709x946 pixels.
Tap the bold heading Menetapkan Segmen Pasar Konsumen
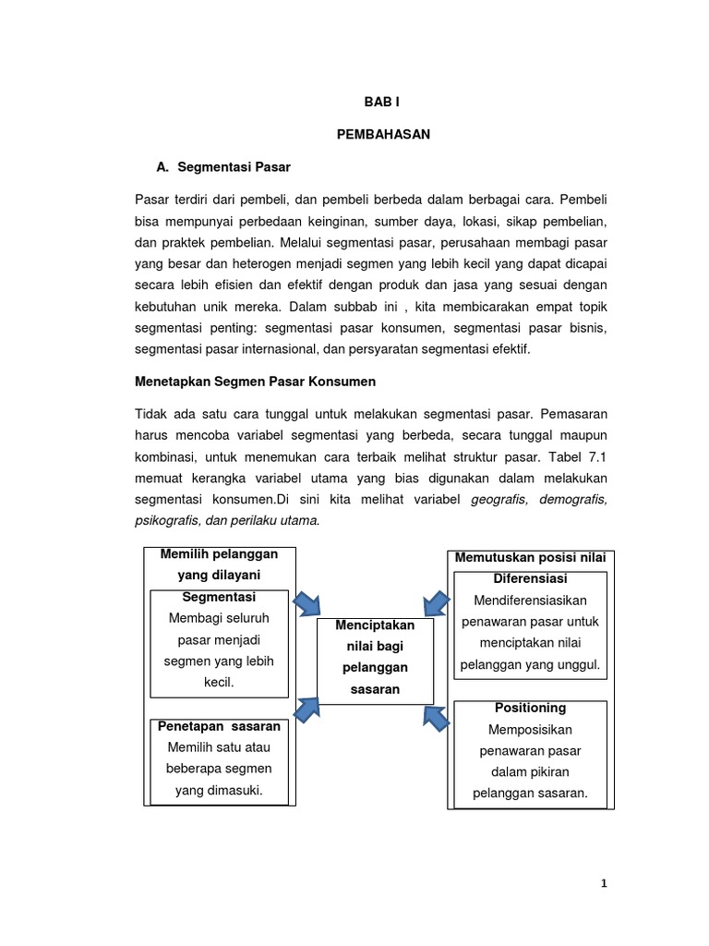click(x=255, y=382)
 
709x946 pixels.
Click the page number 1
click(x=604, y=884)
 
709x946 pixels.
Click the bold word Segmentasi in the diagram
click(x=219, y=597)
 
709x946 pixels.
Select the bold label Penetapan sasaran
click(x=219, y=726)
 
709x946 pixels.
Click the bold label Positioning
click(x=530, y=708)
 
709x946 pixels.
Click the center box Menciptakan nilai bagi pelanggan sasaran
click(x=375, y=657)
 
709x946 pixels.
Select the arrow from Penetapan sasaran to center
click(x=306, y=709)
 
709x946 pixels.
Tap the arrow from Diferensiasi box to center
click(x=439, y=602)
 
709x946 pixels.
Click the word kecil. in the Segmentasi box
click(x=219, y=683)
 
